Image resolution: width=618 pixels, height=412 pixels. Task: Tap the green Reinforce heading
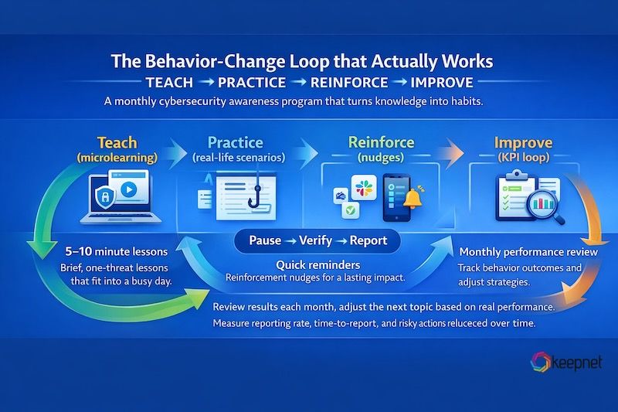coord(381,142)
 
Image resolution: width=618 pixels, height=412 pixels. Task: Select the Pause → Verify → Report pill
coord(318,240)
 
